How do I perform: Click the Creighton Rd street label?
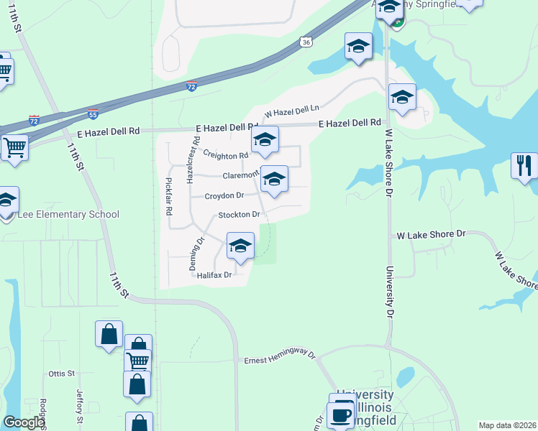pyautogui.click(x=225, y=154)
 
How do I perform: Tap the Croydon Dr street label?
pyautogui.click(x=224, y=195)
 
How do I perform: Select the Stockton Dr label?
pyautogui.click(x=238, y=215)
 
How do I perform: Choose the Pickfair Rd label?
pyautogui.click(x=169, y=196)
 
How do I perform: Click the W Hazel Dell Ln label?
pyautogui.click(x=291, y=111)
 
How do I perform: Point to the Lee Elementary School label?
pyautogui.click(x=60, y=215)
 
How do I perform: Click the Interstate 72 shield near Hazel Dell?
pyautogui.click(x=191, y=85)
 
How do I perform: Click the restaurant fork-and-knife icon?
pyautogui.click(x=524, y=165)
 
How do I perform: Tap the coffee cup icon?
pyautogui.click(x=339, y=414)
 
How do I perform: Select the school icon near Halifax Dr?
pyautogui.click(x=241, y=246)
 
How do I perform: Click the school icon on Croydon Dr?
pyautogui.click(x=274, y=179)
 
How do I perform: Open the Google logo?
pyautogui.click(x=23, y=422)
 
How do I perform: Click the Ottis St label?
pyautogui.click(x=61, y=374)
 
